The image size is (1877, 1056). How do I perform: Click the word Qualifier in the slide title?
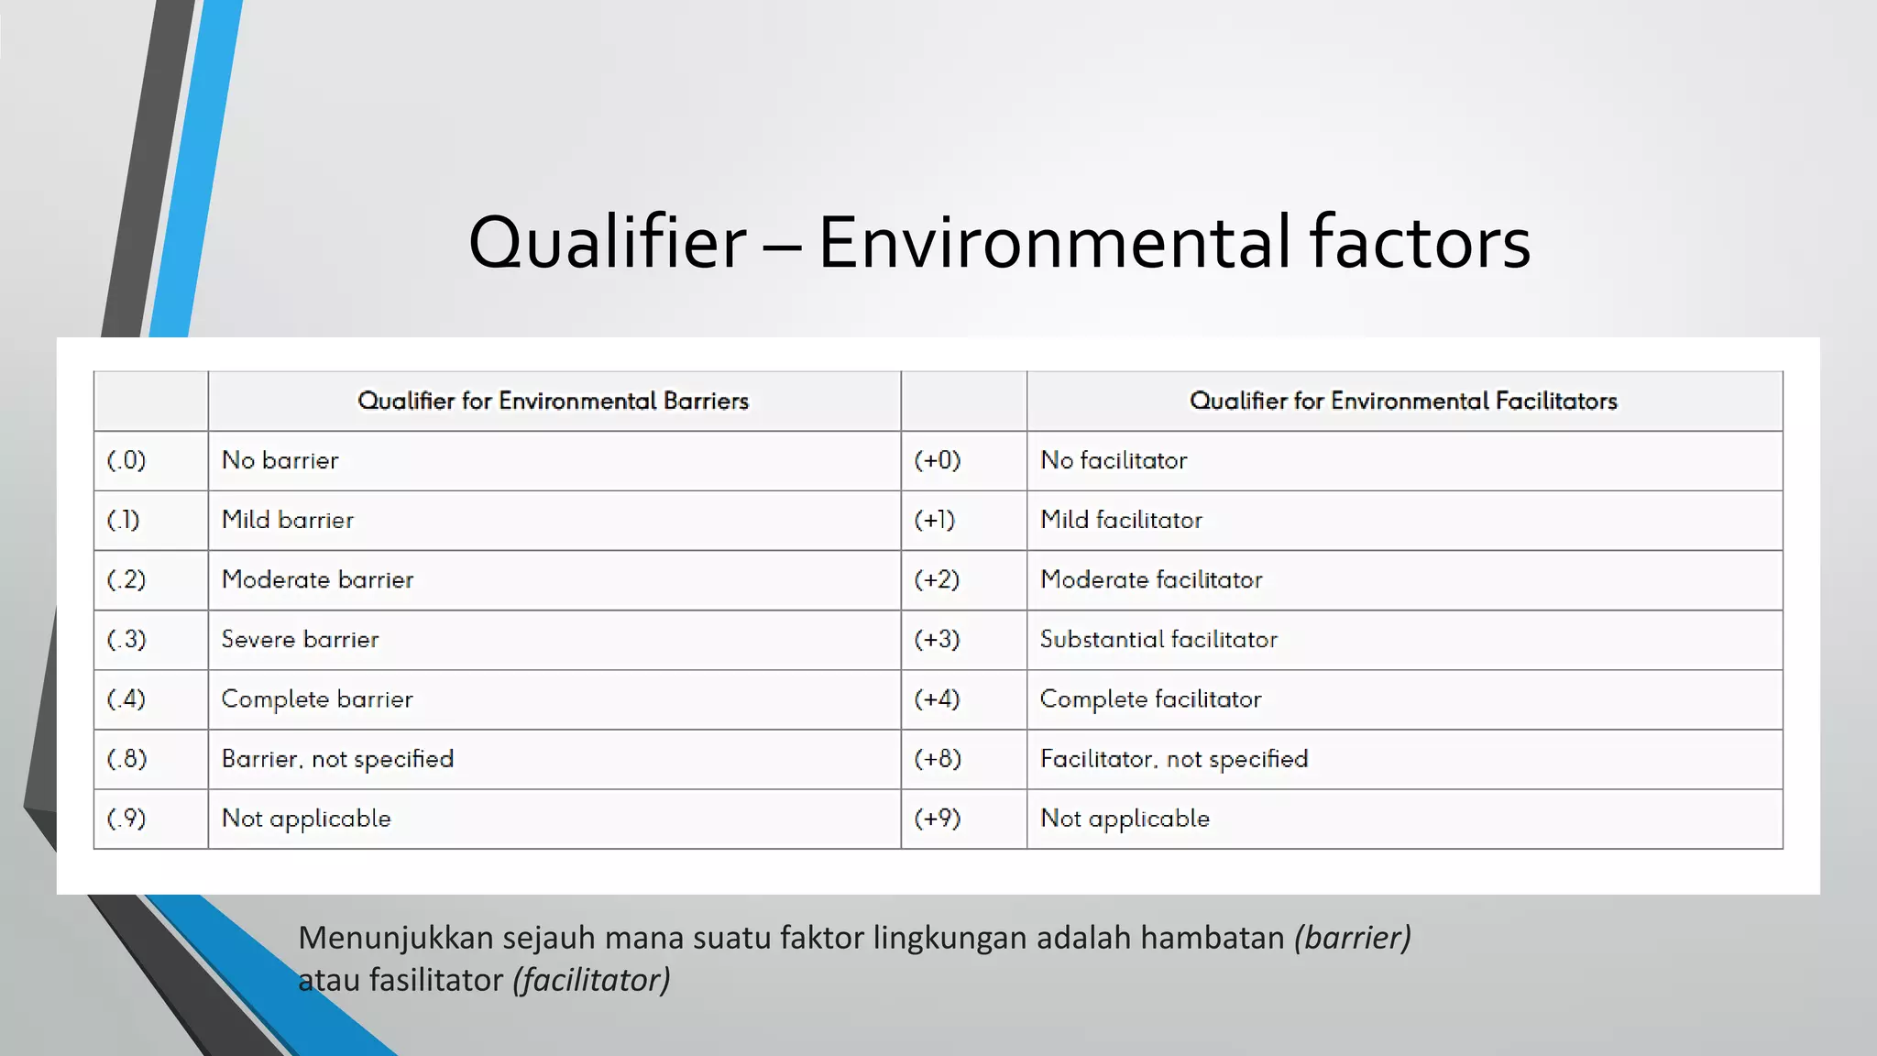607,243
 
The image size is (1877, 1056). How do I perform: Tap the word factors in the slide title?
1420,243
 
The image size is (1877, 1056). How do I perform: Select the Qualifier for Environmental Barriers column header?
553,401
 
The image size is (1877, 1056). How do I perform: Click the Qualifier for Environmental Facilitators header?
1403,401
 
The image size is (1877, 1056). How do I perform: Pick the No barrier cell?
280,460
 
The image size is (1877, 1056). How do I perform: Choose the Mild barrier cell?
288,520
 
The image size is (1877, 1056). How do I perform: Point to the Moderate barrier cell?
318,579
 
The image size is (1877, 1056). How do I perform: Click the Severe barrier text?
301,639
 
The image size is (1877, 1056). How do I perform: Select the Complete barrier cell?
317,698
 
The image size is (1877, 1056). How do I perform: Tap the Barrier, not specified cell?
337,759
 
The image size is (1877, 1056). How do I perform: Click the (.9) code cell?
126,819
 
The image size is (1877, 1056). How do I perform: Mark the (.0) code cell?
126,460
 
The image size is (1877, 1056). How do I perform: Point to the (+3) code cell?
937,639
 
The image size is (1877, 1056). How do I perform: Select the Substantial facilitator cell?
1158,639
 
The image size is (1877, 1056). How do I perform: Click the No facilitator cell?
1114,460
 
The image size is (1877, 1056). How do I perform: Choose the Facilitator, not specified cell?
1174,759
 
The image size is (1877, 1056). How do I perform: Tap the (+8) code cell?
937,759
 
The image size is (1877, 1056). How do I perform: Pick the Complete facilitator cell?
1150,698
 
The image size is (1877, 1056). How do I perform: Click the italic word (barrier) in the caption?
1352,938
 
